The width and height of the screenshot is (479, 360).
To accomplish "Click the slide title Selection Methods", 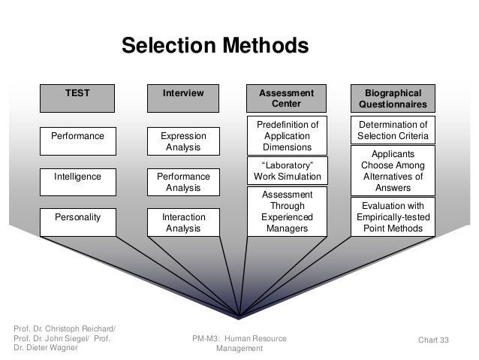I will coord(215,46).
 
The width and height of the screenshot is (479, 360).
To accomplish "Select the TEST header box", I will coord(77,93).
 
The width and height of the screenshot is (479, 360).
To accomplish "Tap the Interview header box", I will coord(183,93).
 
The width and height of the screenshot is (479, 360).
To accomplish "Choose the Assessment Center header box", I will coord(288,98).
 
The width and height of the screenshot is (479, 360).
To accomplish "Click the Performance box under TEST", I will coord(77,136).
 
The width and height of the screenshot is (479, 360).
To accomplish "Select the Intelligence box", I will coord(77,177).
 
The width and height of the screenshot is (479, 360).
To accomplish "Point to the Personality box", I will coord(77,217).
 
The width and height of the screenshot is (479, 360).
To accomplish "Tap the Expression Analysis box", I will coord(183,141).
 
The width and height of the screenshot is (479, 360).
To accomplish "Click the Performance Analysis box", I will coord(183,182).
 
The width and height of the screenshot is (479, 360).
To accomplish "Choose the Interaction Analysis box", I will coord(183,222).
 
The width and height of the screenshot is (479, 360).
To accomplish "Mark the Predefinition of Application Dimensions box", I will coord(288,136).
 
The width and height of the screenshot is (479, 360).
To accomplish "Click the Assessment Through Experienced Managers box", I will coord(288,211).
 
